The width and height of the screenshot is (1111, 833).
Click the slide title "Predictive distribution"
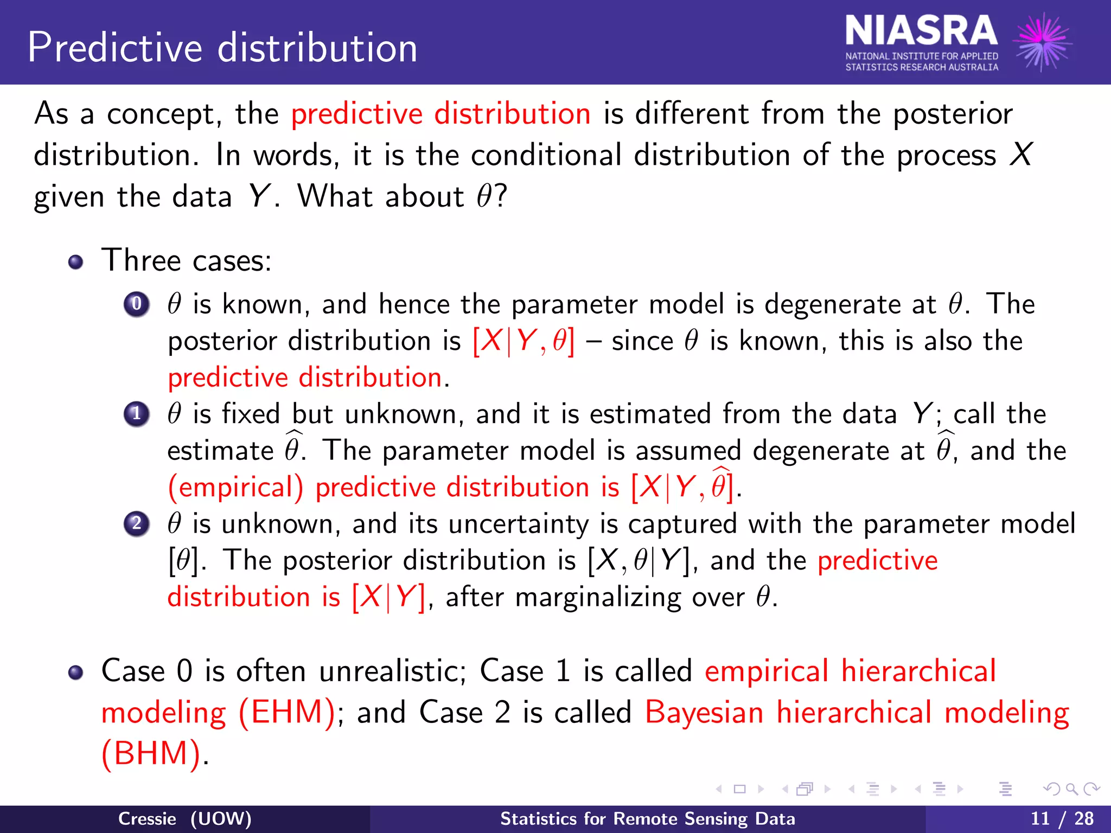click(x=222, y=48)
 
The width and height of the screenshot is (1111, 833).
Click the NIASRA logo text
click(x=921, y=31)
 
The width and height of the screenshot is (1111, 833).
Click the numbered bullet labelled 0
click(x=137, y=304)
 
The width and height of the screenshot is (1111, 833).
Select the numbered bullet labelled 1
click(x=137, y=414)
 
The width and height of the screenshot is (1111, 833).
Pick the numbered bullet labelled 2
click(x=137, y=524)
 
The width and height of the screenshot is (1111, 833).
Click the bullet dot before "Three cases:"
click(x=76, y=262)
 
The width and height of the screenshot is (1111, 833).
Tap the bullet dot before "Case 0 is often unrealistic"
click(x=76, y=672)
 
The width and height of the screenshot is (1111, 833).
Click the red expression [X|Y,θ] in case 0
click(x=523, y=342)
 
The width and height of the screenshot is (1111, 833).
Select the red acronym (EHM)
click(x=288, y=712)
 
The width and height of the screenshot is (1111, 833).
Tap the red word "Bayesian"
click(x=704, y=712)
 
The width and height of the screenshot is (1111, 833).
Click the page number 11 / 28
click(x=1062, y=818)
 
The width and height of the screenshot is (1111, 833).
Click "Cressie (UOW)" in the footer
click(x=184, y=818)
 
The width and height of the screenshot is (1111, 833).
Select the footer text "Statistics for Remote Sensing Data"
click(x=647, y=818)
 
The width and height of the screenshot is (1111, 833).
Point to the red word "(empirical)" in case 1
click(x=235, y=487)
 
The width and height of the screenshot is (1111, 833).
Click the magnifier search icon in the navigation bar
click(x=1071, y=789)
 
